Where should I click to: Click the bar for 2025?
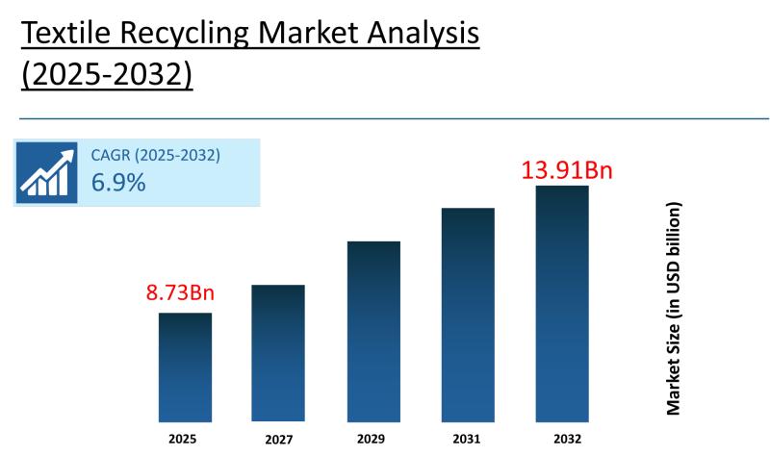pos(185,367)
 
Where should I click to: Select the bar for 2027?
pos(278,353)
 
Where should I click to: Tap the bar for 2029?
pos(373,331)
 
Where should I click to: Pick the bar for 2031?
pos(468,315)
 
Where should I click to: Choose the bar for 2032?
pos(562,303)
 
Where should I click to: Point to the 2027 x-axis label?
pos(278,440)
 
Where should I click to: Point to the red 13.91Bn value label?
pos(567,170)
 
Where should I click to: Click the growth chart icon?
pos(46,172)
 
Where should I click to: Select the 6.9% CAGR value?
pos(118,182)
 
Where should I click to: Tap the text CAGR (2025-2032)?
pos(155,154)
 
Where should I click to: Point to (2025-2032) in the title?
pos(107,76)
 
